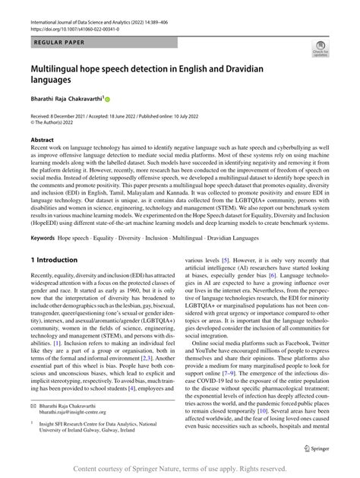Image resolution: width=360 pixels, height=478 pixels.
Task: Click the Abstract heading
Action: click(x=43, y=141)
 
